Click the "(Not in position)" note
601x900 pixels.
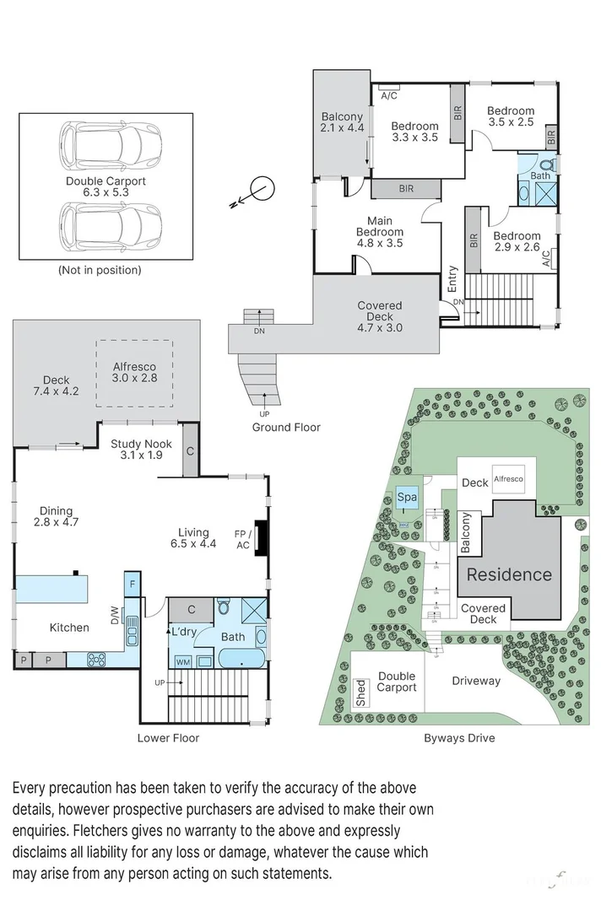tap(100, 270)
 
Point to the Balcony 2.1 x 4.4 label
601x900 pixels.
tap(342, 122)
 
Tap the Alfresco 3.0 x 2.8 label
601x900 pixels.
tap(135, 372)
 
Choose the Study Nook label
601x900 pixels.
tap(141, 449)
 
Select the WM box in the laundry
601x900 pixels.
tap(183, 662)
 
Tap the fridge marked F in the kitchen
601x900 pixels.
tap(133, 584)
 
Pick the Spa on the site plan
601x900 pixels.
tap(407, 498)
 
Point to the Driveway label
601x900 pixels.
tap(476, 681)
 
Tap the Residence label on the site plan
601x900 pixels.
tap(509, 575)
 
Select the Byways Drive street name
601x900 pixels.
tap(459, 738)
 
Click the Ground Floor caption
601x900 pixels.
tap(286, 427)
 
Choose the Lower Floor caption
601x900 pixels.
tap(168, 738)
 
